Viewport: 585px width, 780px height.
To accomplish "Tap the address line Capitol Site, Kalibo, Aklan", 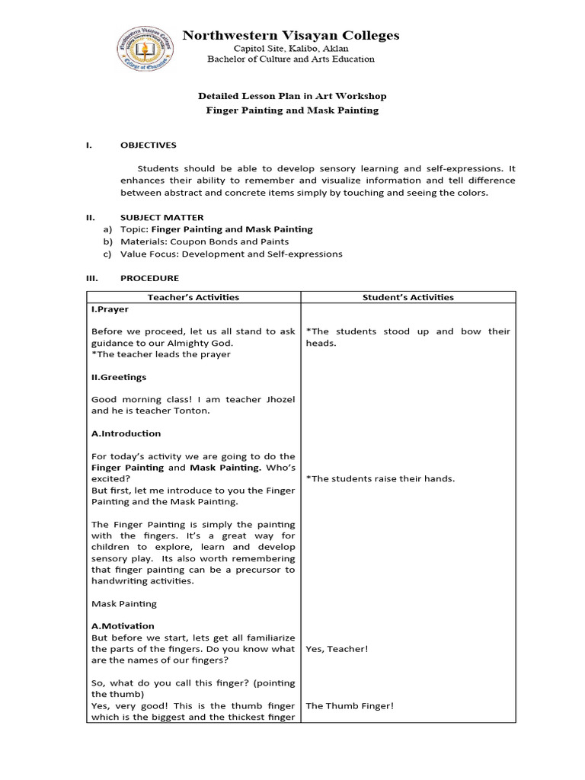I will [292, 48].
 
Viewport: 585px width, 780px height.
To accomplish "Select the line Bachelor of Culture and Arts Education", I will [292, 59].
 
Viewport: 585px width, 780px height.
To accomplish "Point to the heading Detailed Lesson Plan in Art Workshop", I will [292, 96].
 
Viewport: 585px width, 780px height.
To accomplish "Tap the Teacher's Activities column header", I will [193, 297].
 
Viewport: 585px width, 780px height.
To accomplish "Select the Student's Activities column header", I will [408, 297].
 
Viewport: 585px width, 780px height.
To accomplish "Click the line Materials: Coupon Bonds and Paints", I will [205, 241].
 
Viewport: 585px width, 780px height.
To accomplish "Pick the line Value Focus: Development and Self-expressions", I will [232, 254].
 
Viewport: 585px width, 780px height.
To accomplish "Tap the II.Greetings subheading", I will [119, 376].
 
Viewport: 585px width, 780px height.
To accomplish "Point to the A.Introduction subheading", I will [126, 433].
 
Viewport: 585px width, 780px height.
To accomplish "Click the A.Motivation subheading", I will [122, 625].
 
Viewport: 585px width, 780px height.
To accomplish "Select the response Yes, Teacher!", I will [337, 649].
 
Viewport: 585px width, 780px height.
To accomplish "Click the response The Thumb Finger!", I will [350, 706].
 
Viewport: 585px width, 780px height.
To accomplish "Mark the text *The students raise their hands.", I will [380, 478].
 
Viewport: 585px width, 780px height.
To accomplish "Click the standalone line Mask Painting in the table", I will [123, 603].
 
